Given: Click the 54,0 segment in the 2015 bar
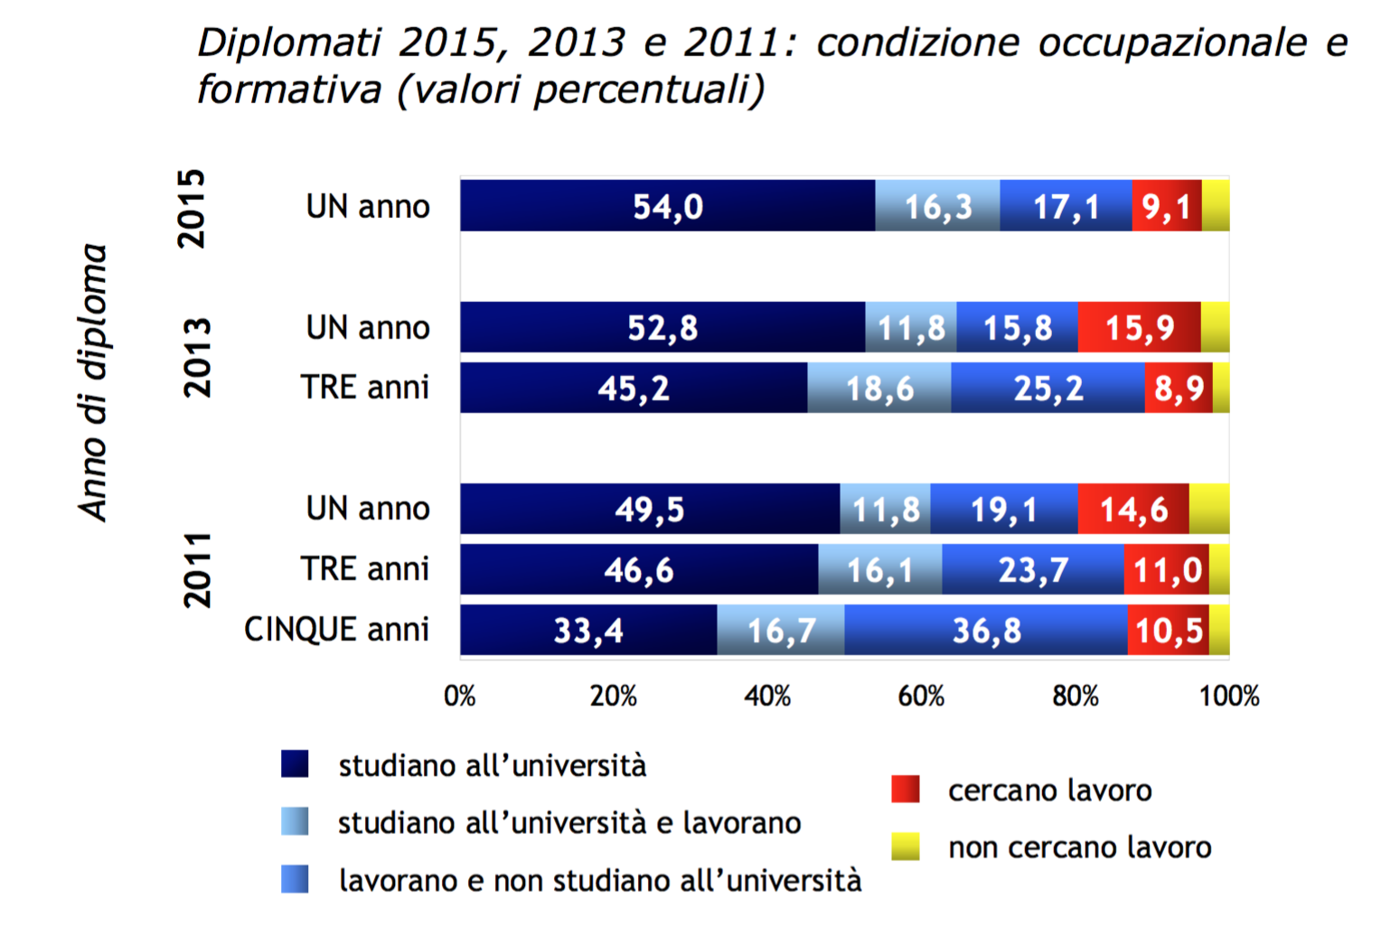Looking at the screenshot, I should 667,206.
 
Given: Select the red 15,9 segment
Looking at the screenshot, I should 1139,327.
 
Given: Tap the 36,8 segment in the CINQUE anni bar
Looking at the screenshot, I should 986,630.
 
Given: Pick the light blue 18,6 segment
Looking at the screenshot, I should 878,389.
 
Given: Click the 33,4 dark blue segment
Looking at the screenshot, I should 588,630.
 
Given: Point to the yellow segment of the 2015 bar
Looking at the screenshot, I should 1215,206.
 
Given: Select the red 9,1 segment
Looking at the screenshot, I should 1166,206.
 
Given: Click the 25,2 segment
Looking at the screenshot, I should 1047,389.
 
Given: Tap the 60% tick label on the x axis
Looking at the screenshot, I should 921,696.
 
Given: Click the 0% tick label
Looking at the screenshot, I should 460,696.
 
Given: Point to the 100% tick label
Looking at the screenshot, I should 1228,696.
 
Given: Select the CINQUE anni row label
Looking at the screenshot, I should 336,630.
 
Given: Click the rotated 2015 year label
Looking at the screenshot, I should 192,209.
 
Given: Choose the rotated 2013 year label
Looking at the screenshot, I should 197,358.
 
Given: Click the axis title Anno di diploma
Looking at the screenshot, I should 93,382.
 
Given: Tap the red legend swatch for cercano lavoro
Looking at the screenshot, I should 905,790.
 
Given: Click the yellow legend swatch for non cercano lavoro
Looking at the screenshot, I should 905,847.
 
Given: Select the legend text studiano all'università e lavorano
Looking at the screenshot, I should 569,823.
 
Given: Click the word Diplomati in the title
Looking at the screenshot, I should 289,42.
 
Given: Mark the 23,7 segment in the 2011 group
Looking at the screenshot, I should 1032,570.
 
